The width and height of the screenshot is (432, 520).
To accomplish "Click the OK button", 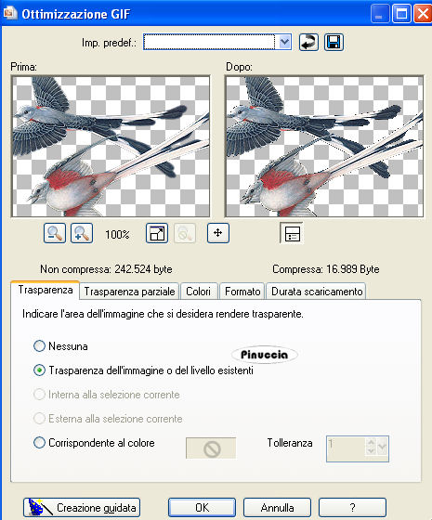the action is tap(202, 507).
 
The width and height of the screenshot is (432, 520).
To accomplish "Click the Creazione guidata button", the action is tap(82, 507).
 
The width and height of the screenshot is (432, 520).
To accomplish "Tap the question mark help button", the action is tap(352, 507).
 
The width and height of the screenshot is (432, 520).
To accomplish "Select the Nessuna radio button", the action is tap(39, 346).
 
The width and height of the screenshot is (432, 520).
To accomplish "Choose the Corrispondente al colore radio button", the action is tap(39, 443).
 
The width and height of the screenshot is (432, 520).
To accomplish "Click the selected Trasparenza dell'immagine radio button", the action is tap(39, 370).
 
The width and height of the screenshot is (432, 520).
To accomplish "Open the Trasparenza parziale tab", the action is tap(129, 292).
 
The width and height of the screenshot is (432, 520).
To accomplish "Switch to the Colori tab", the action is tap(199, 292).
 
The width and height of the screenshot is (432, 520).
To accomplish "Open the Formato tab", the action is tap(242, 292).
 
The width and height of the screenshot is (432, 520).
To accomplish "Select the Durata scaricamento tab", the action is tap(317, 292).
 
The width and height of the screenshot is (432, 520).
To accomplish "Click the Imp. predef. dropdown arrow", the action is tap(284, 42).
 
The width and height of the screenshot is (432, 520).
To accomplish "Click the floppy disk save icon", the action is tap(334, 42).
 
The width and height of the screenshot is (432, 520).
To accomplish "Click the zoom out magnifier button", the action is tap(55, 233).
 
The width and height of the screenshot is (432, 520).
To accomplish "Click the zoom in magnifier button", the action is tap(82, 233).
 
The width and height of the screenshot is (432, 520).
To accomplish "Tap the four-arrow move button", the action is tap(218, 233).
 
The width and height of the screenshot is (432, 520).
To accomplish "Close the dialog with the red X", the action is tap(423, 14).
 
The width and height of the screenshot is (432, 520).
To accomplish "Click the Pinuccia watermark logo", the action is tap(265, 355).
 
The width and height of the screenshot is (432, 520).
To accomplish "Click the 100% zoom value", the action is tap(117, 235).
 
